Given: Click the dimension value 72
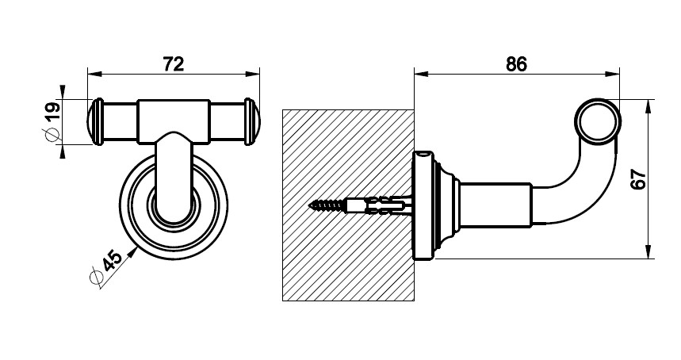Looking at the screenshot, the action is (174, 64).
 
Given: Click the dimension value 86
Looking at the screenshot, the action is (516, 64).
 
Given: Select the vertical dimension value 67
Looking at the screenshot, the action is (638, 178).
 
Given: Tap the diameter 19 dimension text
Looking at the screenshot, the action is (52, 113).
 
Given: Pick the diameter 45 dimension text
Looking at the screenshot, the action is (111, 260).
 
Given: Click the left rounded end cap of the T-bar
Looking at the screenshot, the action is (96, 121).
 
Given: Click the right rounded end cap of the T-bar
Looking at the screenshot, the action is (251, 121).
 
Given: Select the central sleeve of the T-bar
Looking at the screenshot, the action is (174, 121).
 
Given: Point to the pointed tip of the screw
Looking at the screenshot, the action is (310, 205).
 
